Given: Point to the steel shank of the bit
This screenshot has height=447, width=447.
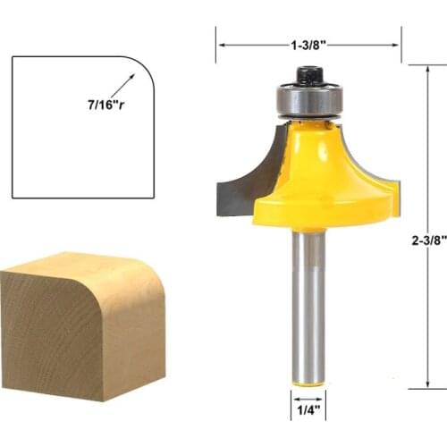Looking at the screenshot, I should (308, 304).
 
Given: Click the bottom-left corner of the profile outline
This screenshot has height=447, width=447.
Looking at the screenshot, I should (13, 196).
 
